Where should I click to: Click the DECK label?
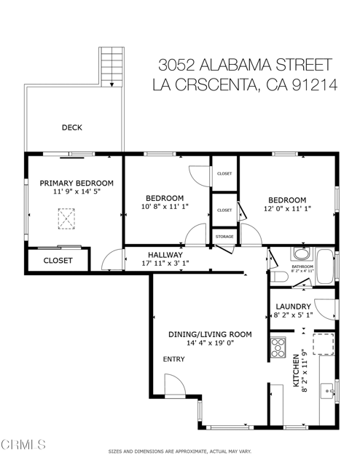71,127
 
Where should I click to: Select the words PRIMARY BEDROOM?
77,183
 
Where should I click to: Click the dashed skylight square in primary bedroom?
68,217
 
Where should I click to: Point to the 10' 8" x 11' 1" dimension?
164,207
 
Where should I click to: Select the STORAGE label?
224,237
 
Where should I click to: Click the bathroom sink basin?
300,255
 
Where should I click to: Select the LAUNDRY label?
293,307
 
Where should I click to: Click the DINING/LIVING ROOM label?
210,334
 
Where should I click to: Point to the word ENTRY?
173,359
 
